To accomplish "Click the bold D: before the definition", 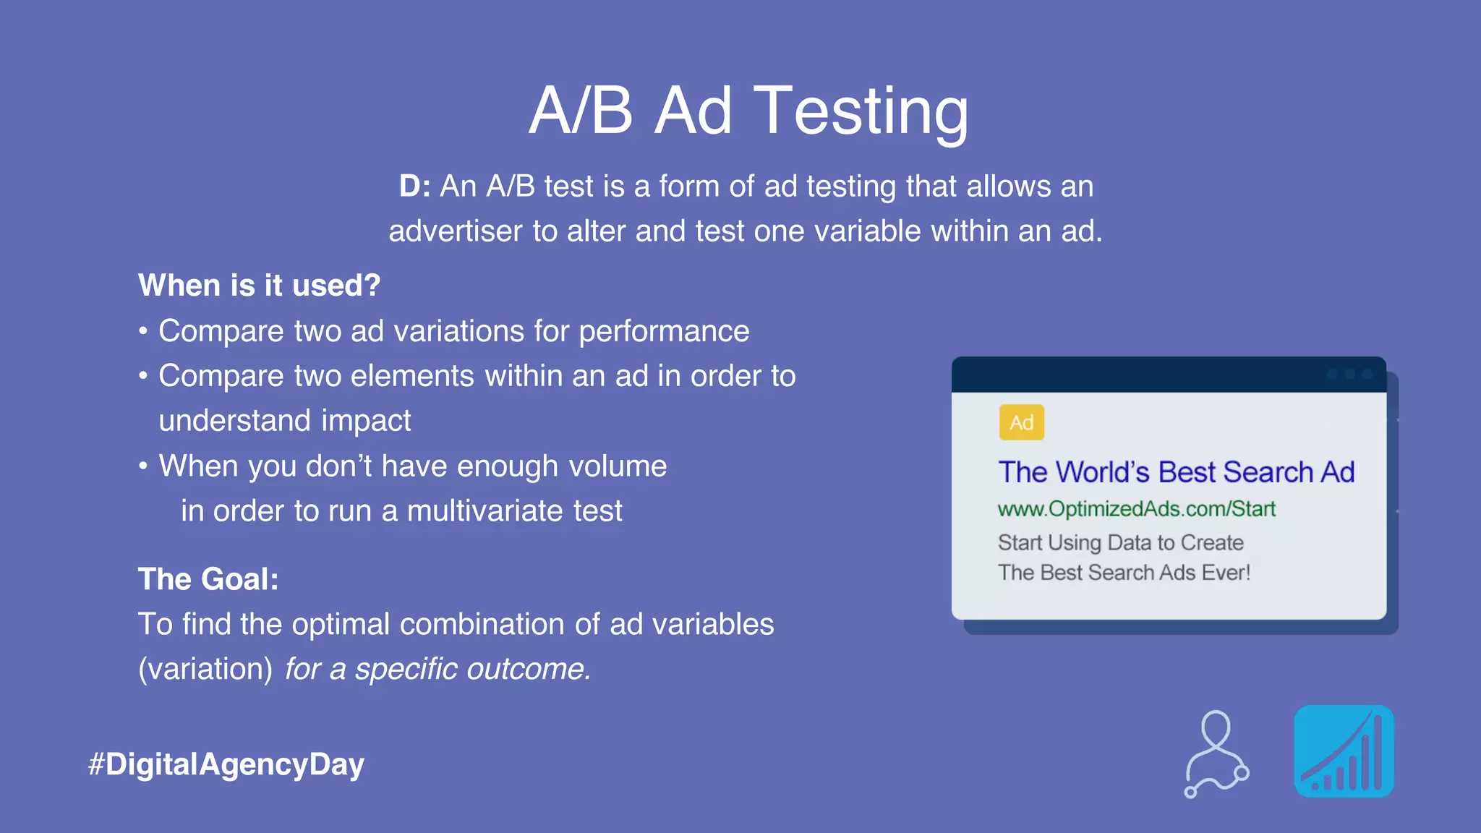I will tap(414, 187).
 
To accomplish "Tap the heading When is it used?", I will tap(259, 286).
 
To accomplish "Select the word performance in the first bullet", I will tap(663, 332).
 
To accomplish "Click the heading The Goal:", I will tap(208, 579).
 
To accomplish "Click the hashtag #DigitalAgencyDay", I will tap(226, 764).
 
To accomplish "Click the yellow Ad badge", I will tap(1021, 422).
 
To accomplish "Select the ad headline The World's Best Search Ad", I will tap(1176, 472).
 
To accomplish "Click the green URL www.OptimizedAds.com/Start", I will tap(1136, 509).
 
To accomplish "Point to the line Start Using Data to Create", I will tap(1120, 542).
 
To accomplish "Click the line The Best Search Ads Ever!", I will tap(1124, 573).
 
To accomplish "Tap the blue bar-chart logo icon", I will tap(1344, 751).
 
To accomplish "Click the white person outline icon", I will tap(1217, 753).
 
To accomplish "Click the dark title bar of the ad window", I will tap(1157, 375).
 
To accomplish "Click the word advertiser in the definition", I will tap(455, 231).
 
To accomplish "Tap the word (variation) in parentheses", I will tap(205, 669).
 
